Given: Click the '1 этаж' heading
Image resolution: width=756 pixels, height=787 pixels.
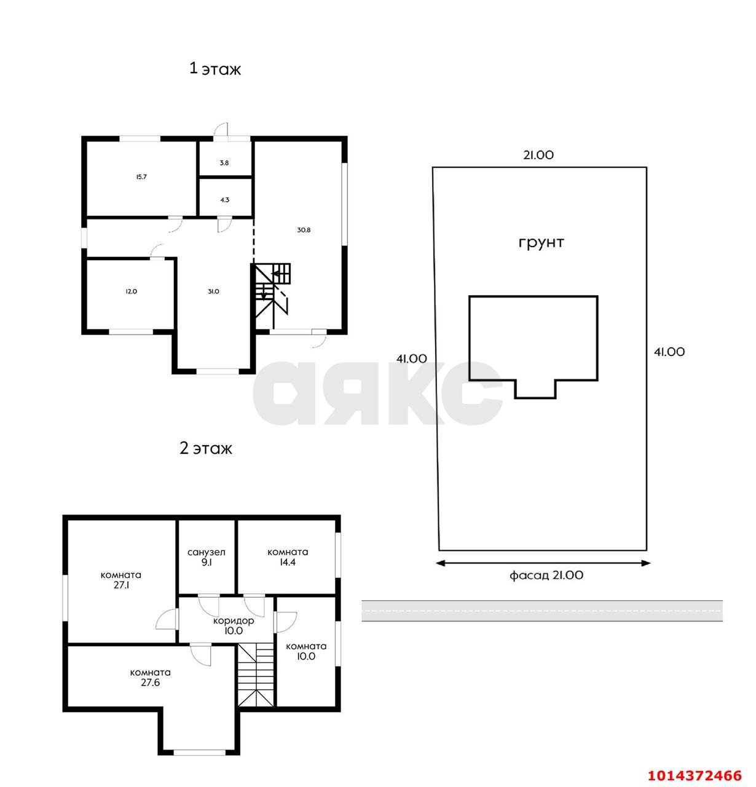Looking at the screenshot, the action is coord(215,69).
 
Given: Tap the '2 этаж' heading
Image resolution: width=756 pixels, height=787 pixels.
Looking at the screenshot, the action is coord(205,448).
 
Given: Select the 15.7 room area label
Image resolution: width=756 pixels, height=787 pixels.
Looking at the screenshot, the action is coord(141,176).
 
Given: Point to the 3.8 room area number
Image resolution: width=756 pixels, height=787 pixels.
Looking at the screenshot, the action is coord(224,163).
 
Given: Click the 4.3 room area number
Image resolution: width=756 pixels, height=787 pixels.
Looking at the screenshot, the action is coord(224,200).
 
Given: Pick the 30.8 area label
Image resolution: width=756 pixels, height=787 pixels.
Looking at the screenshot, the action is coord(304,230).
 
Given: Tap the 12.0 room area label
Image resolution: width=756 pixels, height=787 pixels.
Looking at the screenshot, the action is coord(132,291).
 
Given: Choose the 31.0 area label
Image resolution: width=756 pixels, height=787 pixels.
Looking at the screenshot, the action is coord(213,291).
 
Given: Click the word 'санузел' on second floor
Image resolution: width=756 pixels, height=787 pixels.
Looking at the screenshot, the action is coord(206,552).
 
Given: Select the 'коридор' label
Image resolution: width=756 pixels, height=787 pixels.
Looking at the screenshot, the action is coord(234,620).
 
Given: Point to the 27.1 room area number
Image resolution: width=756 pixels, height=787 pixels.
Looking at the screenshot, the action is coord(121,585).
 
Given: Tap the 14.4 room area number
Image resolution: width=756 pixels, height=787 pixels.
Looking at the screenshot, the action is coord(288,562).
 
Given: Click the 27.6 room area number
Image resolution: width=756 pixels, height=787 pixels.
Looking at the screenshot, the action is coord(151,682).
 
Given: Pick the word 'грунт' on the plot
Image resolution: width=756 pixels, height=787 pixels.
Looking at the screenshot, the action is coord(541,243).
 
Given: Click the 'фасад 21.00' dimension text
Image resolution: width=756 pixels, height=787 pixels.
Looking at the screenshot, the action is coord(546,575).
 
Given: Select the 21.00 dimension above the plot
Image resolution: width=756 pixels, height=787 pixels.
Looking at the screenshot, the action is coord(538,154).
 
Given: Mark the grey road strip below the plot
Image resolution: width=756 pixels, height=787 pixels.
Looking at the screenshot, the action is coord(541,611).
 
